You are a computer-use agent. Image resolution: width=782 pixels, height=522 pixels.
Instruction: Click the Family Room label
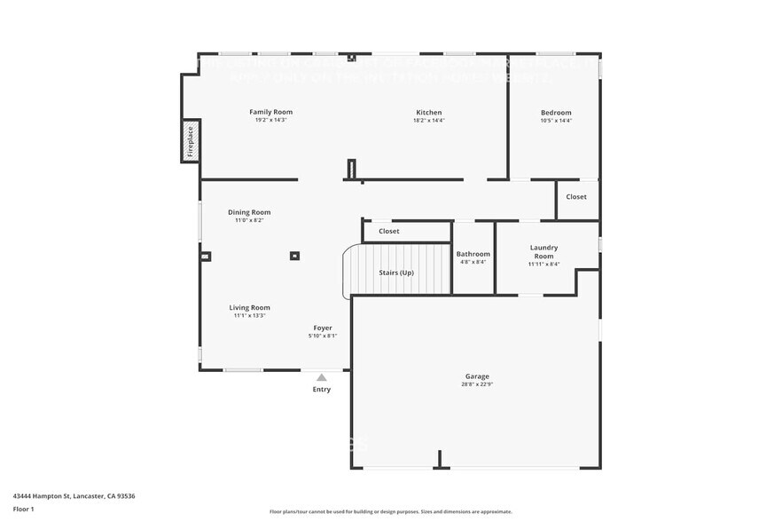(x=270, y=112)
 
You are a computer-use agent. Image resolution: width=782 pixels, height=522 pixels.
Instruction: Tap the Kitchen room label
(x=429, y=113)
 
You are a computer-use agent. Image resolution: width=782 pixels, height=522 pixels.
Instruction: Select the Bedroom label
(x=556, y=113)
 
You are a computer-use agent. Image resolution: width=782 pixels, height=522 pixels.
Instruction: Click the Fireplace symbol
(x=190, y=142)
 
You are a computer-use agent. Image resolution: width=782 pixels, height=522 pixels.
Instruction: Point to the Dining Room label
(x=249, y=212)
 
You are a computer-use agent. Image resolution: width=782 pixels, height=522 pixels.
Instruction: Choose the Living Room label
(x=249, y=307)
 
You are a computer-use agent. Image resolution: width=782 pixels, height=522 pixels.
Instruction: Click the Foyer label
(x=323, y=328)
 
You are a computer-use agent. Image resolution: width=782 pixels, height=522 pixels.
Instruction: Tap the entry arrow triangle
(x=322, y=377)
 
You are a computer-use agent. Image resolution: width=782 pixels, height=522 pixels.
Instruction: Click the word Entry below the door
(x=322, y=390)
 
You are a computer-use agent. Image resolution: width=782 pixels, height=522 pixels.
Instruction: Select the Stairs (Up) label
(x=396, y=273)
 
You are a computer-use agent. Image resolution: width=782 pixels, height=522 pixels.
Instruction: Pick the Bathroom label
(x=473, y=254)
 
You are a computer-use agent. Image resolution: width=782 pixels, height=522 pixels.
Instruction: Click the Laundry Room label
(x=543, y=251)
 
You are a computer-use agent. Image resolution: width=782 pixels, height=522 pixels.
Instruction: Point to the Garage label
(x=476, y=376)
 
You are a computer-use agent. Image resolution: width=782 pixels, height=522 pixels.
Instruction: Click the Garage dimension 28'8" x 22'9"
(x=476, y=384)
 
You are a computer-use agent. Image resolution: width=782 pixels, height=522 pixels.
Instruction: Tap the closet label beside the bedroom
(x=576, y=197)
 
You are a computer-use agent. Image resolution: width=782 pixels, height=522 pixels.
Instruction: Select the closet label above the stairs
(x=389, y=231)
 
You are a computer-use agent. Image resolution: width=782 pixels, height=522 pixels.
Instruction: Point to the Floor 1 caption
(x=23, y=509)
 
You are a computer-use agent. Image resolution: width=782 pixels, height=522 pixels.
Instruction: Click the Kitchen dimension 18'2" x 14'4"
(x=429, y=120)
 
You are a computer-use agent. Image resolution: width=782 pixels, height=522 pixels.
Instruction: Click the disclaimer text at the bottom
(x=390, y=511)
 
